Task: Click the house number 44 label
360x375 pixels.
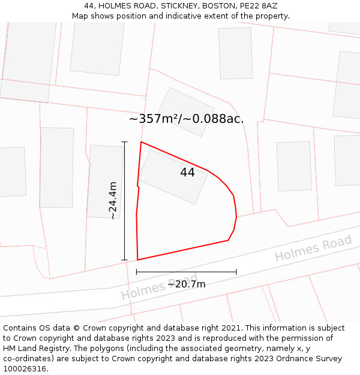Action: pos(187,173)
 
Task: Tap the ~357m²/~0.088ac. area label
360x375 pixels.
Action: pos(186,119)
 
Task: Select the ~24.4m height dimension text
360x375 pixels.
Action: pos(112,200)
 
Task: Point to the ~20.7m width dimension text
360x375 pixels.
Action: pos(186,284)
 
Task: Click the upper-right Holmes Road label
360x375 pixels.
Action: pos(313,248)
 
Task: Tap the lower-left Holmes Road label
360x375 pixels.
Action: pos(158,288)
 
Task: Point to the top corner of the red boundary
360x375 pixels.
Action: pos(141,142)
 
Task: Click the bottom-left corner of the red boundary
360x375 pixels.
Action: pos(137,260)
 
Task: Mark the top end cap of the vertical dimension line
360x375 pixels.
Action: pos(125,142)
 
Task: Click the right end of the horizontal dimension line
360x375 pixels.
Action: pos(236,272)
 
